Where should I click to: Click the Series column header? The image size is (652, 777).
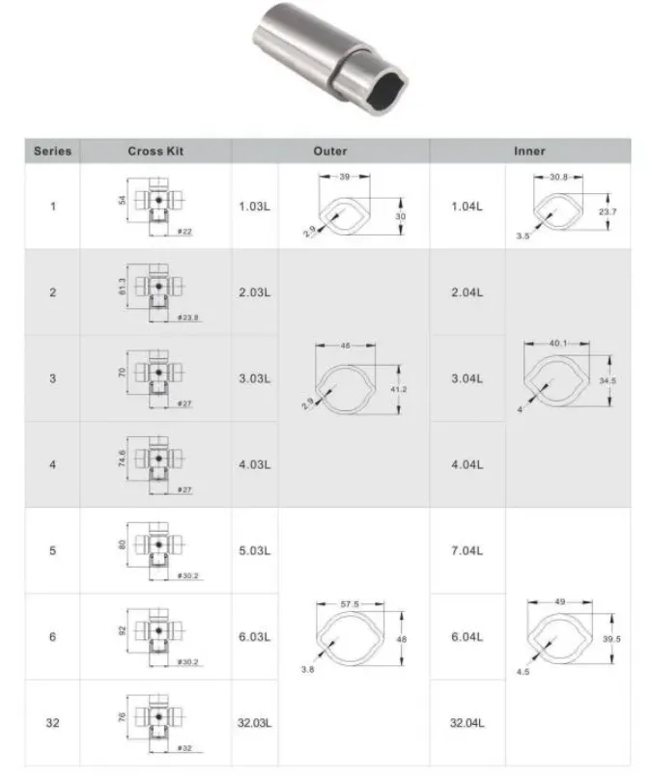click(x=52, y=152)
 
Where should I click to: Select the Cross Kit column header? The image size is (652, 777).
click(x=156, y=152)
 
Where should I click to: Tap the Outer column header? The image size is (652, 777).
click(x=330, y=152)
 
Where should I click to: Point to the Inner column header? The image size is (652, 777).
click(x=529, y=152)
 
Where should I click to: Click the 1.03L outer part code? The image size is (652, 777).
click(x=254, y=208)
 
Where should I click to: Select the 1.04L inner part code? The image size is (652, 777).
click(x=467, y=208)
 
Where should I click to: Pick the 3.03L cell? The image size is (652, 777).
click(x=254, y=378)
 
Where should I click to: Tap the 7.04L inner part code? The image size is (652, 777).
click(x=467, y=550)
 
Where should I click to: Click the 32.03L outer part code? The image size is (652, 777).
click(x=254, y=722)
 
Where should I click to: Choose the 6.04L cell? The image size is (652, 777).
click(x=467, y=636)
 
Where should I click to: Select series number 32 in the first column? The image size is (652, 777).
click(x=52, y=722)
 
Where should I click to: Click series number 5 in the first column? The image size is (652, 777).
click(x=52, y=550)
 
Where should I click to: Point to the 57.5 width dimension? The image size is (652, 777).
click(x=350, y=605)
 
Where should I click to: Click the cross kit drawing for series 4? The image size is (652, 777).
click(x=155, y=461)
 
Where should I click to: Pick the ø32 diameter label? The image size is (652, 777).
click(x=184, y=748)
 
